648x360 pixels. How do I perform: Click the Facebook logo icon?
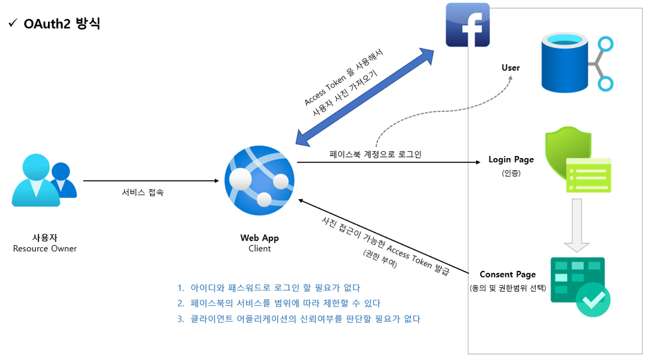(x=468, y=25)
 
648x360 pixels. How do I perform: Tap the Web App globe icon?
(x=259, y=179)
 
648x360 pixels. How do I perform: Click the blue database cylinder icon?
(x=566, y=64)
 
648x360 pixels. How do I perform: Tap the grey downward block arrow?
(x=576, y=225)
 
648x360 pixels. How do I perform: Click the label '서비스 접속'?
(x=142, y=192)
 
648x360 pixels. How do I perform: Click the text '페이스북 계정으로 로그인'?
(x=375, y=155)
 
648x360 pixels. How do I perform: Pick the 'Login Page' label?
(x=511, y=160)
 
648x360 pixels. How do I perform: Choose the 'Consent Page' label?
(x=508, y=274)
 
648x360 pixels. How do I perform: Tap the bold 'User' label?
(x=511, y=68)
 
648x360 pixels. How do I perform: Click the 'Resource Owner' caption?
(x=45, y=249)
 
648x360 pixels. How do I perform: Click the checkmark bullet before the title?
(x=12, y=24)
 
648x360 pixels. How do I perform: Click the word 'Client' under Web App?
(x=259, y=249)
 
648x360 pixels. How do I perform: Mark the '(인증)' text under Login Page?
(x=511, y=173)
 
